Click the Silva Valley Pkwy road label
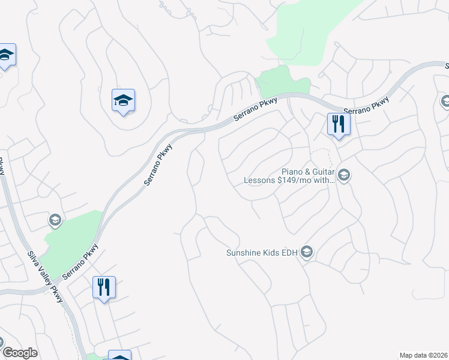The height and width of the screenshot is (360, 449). click(x=44, y=277)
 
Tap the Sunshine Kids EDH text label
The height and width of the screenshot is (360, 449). click(x=262, y=253)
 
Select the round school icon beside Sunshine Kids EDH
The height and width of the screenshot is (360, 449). click(x=307, y=252)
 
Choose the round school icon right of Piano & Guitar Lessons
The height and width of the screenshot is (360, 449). click(x=344, y=175)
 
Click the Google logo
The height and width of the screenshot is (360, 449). click(x=19, y=353)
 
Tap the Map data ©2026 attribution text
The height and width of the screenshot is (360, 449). click(x=424, y=355)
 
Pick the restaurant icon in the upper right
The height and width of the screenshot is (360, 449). click(x=338, y=124)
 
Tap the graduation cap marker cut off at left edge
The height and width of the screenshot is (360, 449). click(x=5, y=55)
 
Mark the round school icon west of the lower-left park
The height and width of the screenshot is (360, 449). click(x=55, y=221)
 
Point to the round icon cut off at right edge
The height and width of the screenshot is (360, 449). click(x=445, y=101)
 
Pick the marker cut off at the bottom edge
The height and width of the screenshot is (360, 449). click(x=119, y=356)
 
